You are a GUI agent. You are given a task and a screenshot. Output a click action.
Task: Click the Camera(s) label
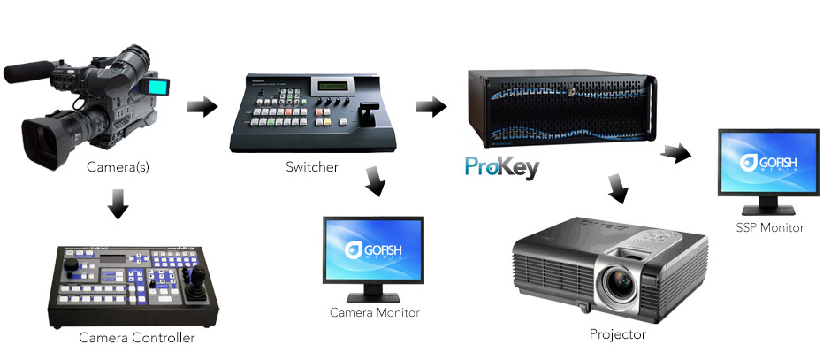117,166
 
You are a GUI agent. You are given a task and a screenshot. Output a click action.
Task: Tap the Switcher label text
311,166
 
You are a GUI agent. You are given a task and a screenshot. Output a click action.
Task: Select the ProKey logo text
501,168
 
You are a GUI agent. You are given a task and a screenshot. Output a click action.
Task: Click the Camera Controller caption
136,337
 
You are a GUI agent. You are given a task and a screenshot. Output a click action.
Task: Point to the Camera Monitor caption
374,312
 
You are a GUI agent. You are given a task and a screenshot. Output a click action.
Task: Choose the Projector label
617,334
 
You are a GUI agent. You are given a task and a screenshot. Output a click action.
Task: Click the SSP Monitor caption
769,227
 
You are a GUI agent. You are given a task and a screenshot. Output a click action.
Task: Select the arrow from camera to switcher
202,107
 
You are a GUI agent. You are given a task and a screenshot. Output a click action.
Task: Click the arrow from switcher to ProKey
431,107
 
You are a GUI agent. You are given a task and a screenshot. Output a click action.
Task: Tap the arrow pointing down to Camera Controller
117,210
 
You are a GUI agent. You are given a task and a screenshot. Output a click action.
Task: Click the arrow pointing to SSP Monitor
676,151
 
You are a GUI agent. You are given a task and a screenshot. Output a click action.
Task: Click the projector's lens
619,286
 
